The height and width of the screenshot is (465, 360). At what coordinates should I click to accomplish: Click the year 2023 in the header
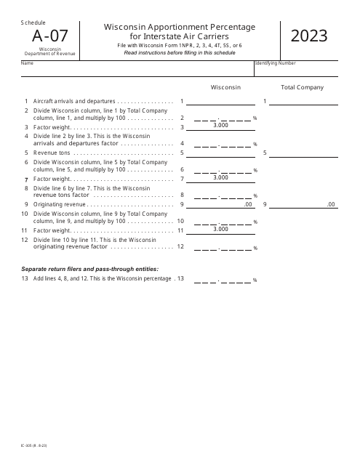click(x=309, y=36)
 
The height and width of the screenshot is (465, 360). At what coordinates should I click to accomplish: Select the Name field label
click(x=28, y=63)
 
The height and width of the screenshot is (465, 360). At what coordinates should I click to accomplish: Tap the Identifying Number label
click(x=276, y=63)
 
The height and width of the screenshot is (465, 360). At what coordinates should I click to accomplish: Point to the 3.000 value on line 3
click(x=221, y=126)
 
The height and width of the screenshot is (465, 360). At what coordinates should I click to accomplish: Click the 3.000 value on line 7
click(x=221, y=177)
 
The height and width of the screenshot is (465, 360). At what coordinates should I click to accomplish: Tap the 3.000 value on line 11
click(x=221, y=229)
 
